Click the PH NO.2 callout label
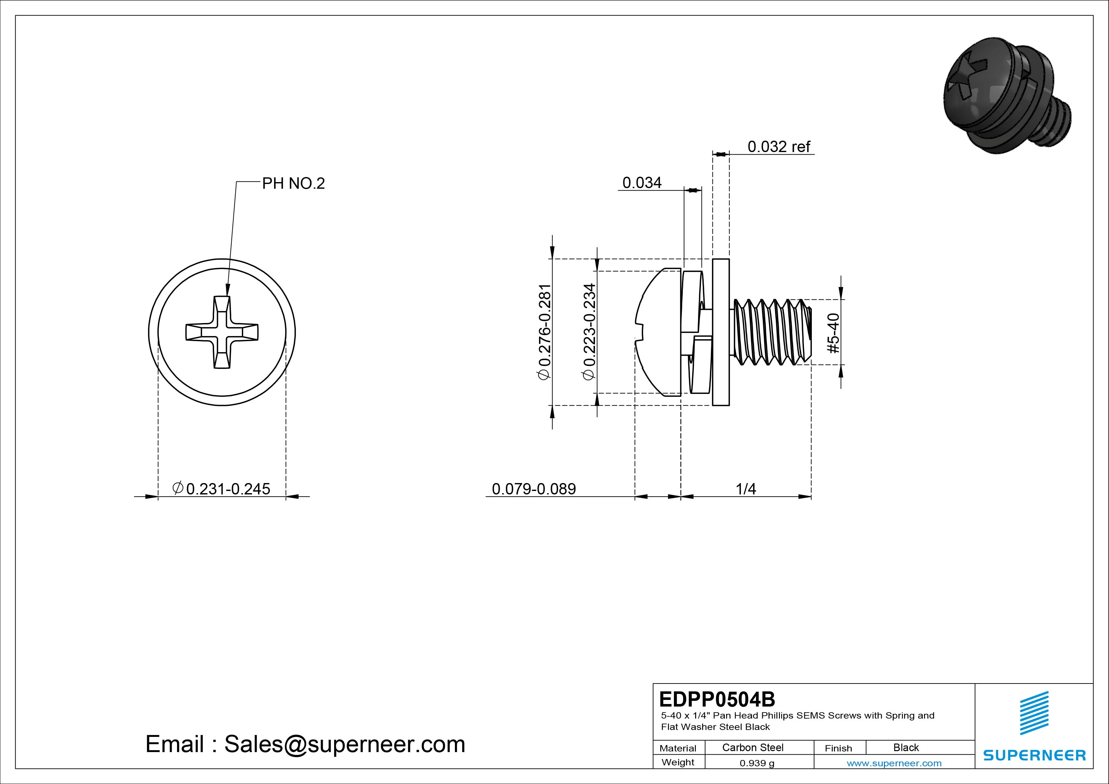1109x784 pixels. tap(293, 184)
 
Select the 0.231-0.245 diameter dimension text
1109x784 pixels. tap(222, 488)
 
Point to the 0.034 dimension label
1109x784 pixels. tap(642, 183)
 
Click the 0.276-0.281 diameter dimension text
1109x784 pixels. tap(544, 332)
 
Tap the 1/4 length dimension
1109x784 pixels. tap(746, 489)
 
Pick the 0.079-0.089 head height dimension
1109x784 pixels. tap(534, 489)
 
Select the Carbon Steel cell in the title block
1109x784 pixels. tap(752, 747)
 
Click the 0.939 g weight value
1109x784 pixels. tap(757, 763)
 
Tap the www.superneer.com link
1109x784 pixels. tap(894, 763)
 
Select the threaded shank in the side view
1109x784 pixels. tap(770, 332)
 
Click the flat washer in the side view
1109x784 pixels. tap(721, 332)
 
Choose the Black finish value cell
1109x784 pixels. tap(906, 747)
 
